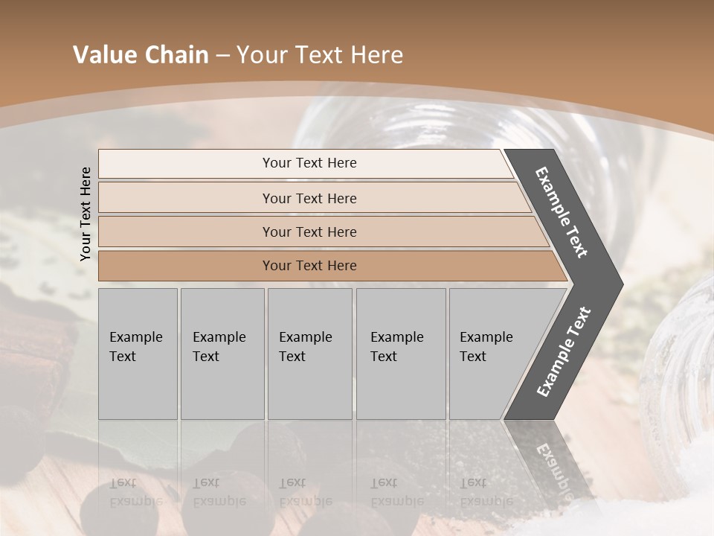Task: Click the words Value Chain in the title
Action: click(141, 55)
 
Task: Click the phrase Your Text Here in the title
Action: click(320, 55)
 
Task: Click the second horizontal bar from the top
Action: click(309, 198)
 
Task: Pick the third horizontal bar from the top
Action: click(309, 232)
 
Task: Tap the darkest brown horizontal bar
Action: click(309, 266)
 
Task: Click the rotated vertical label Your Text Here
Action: click(86, 214)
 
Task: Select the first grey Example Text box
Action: click(138, 354)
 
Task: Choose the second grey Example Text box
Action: click(222, 354)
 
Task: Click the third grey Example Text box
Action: click(309, 354)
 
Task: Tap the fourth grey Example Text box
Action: click(400, 354)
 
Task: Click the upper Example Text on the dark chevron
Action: click(562, 212)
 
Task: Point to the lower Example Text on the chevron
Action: click(563, 352)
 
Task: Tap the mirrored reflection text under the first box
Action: click(137, 492)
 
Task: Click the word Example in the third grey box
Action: click(305, 337)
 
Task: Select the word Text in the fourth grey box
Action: click(384, 357)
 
